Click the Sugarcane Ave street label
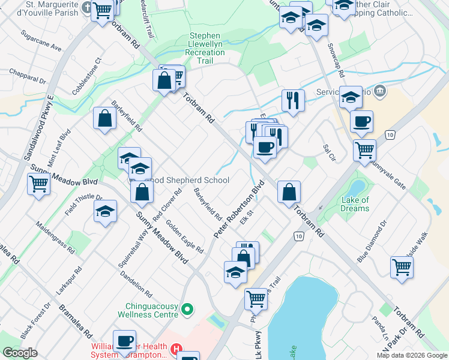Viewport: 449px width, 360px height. [x=41, y=40]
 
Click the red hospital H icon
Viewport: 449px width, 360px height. [x=176, y=348]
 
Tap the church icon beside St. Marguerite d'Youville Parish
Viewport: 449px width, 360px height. [x=86, y=8]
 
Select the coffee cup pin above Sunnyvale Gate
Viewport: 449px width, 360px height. [x=361, y=122]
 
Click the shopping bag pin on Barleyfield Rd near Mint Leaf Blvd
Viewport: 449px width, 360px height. [x=105, y=118]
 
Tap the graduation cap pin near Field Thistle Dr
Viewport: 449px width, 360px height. [x=105, y=211]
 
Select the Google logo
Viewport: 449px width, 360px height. [x=20, y=353]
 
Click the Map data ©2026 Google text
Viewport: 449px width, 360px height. [x=412, y=355]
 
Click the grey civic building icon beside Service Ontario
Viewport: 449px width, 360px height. [x=379, y=91]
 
